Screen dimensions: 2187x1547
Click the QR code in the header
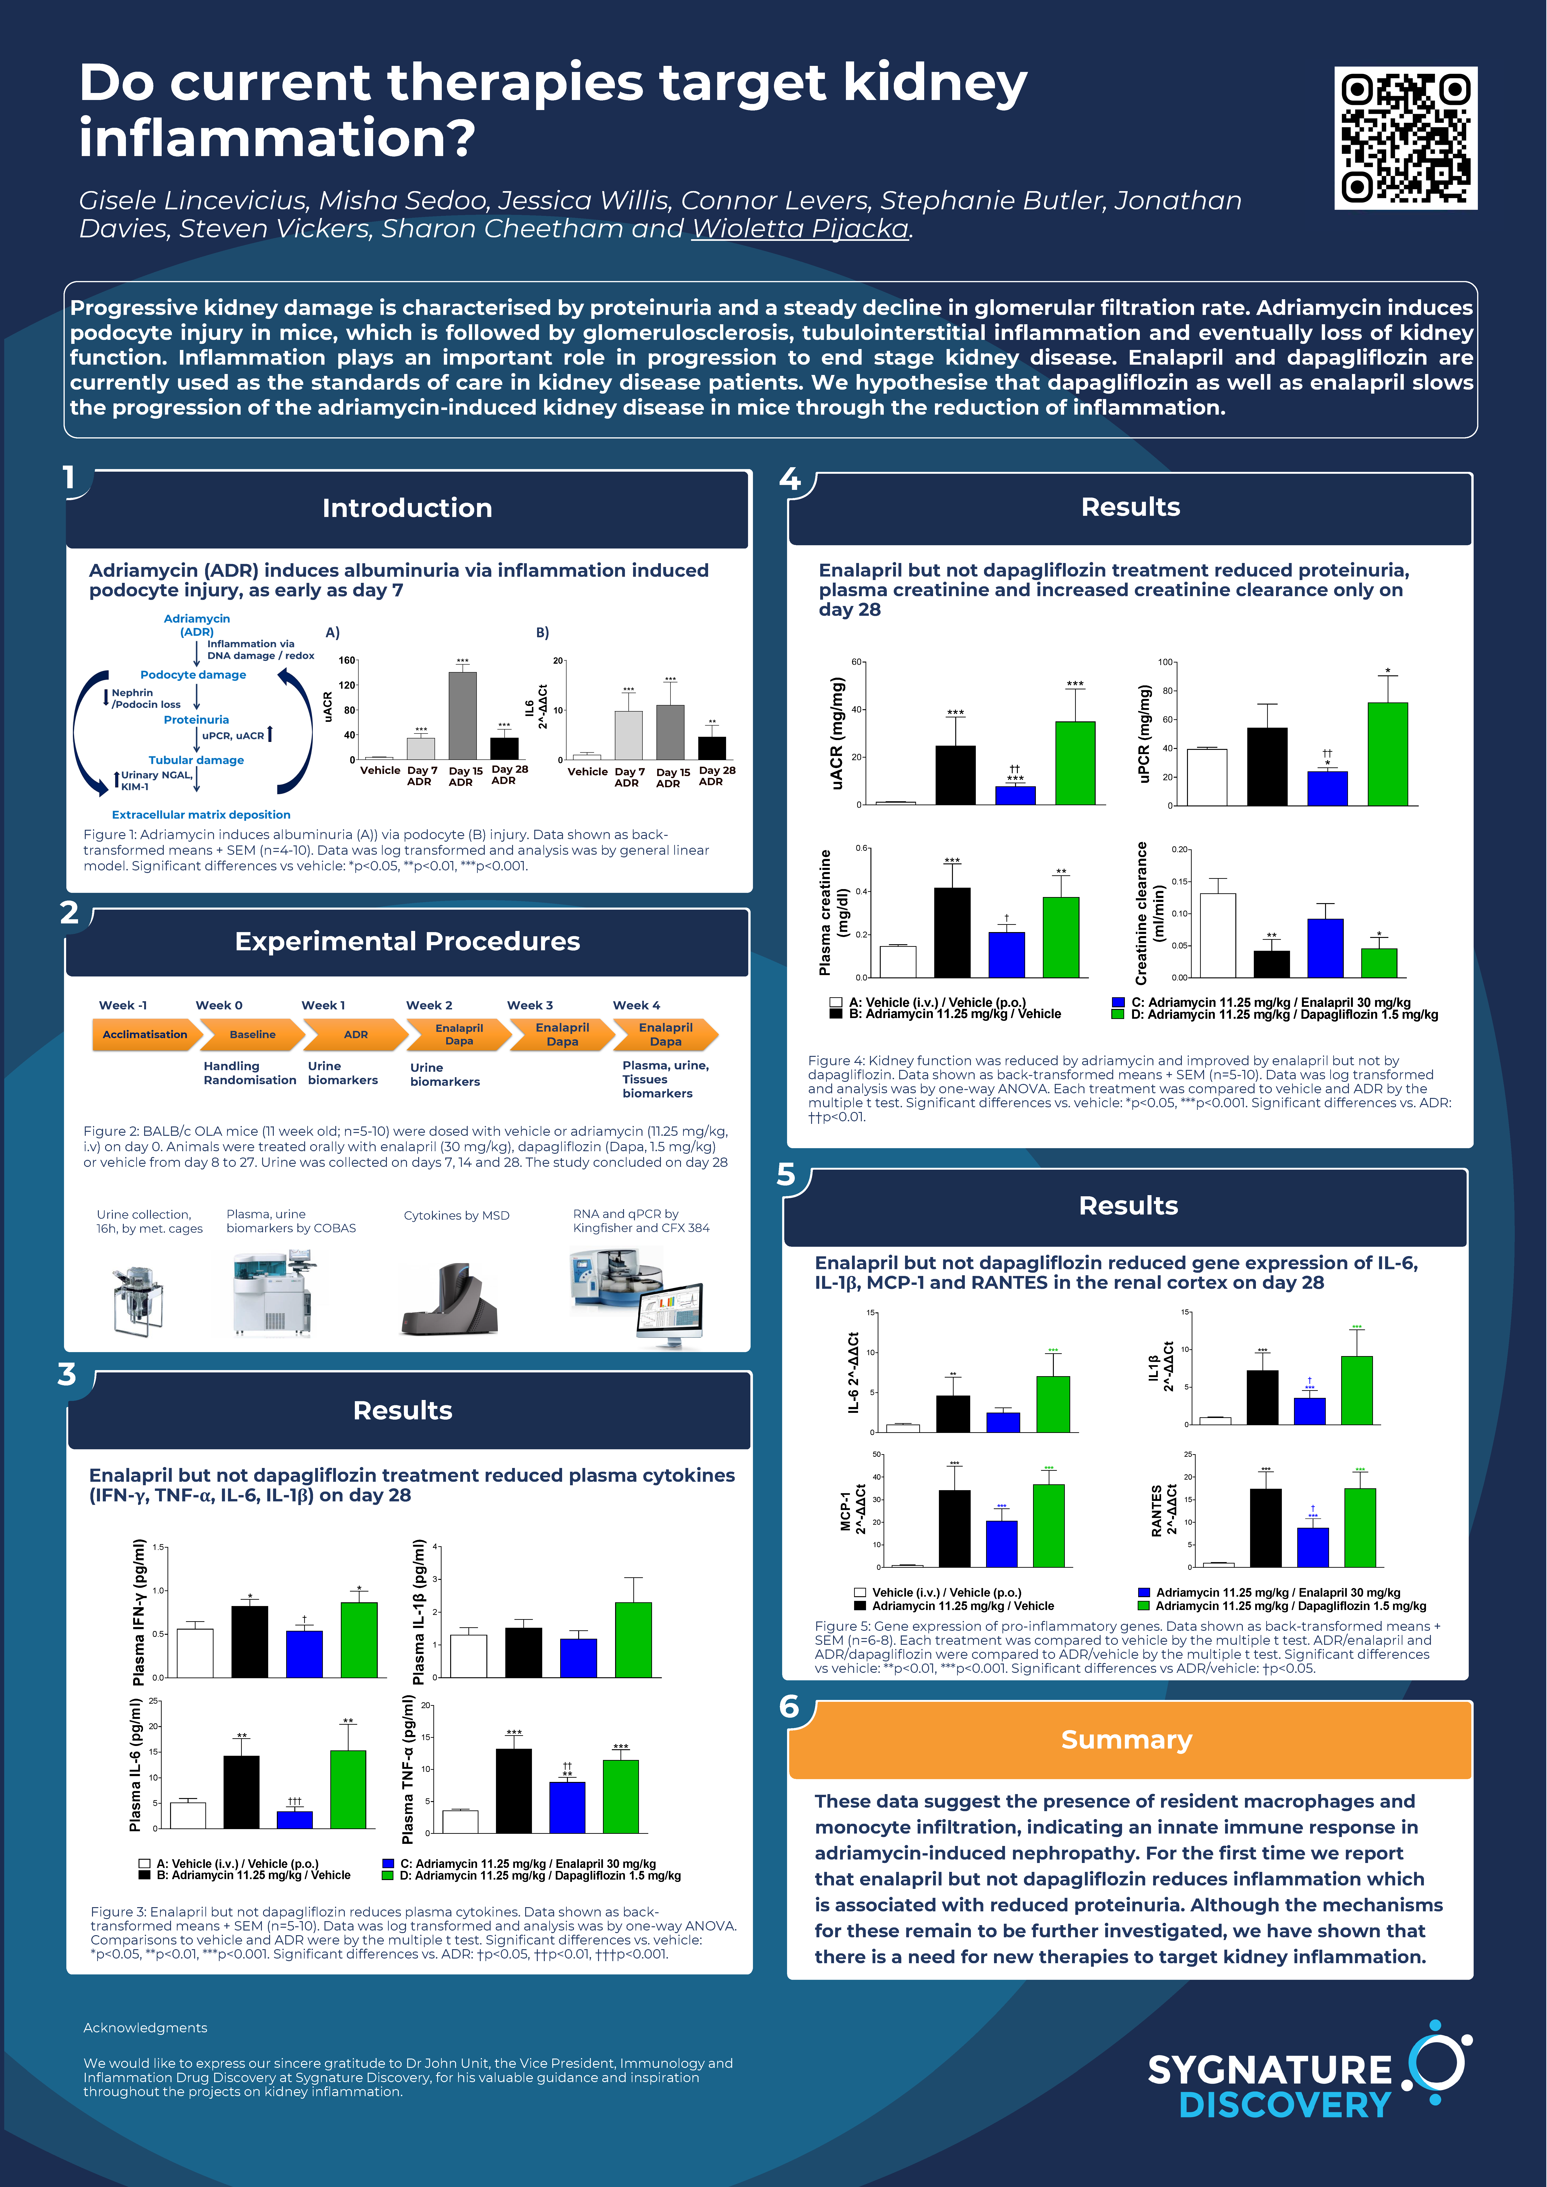point(1405,138)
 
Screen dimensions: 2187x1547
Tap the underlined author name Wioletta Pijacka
point(800,230)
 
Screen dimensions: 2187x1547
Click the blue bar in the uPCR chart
point(1327,789)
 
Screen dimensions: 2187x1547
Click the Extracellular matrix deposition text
point(201,814)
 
